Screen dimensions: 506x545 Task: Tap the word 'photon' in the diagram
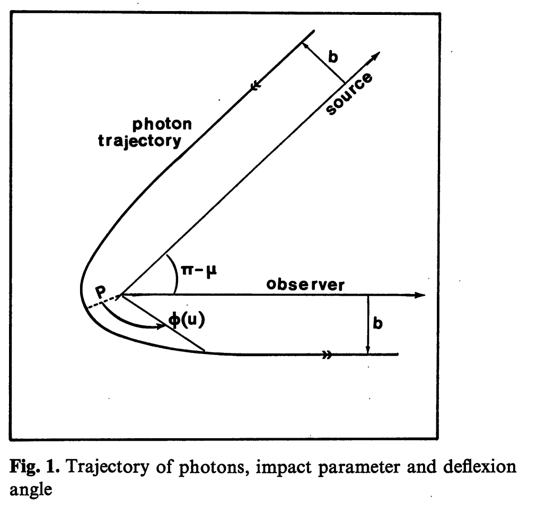[162, 125]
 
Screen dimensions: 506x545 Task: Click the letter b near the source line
[333, 57]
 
